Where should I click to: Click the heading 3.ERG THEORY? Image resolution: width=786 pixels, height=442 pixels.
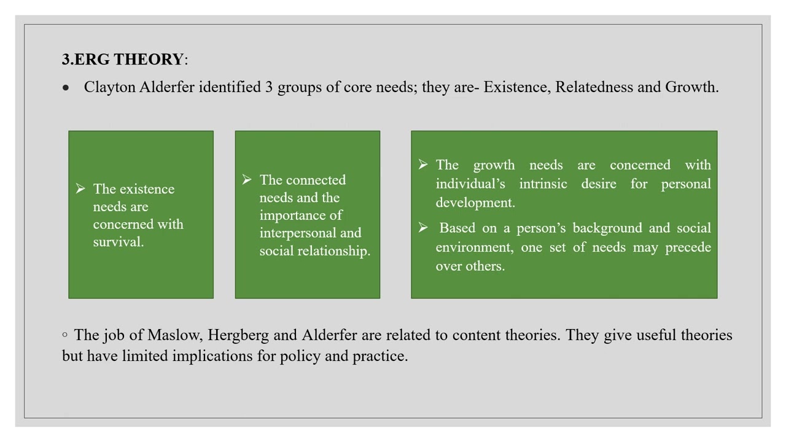[x=123, y=60]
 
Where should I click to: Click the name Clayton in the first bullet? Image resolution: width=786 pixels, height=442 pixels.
[x=109, y=87]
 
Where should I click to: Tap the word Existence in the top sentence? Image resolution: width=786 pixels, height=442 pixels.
[x=517, y=87]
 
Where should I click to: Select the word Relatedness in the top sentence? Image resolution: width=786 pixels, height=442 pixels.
[x=594, y=87]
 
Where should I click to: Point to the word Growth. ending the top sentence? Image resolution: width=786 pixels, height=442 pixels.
[x=692, y=87]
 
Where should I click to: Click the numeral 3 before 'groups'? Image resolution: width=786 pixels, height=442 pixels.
[x=269, y=87]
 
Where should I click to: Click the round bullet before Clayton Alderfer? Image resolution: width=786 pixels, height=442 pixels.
[x=66, y=88]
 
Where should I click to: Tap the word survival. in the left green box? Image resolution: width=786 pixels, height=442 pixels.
[x=119, y=242]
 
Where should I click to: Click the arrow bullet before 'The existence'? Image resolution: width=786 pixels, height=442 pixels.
[x=80, y=189]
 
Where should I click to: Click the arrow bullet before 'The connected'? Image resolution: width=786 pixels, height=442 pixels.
[x=247, y=180]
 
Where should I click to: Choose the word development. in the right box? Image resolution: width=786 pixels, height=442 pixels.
[x=475, y=203]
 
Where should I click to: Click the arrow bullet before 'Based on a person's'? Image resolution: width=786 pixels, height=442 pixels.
[x=423, y=228]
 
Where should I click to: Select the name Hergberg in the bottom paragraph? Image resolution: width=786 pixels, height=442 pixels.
[x=238, y=335]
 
